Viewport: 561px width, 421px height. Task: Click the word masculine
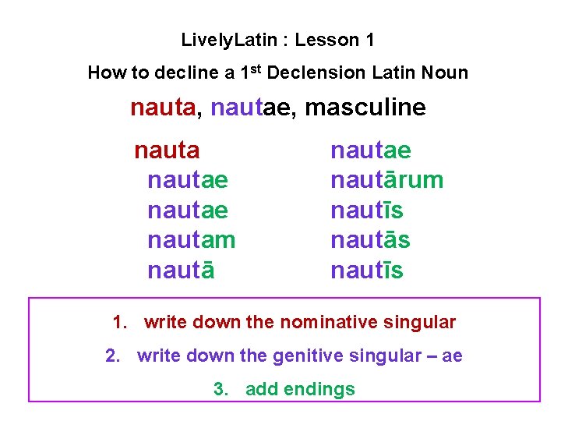point(365,107)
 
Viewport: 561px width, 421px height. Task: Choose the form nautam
point(191,241)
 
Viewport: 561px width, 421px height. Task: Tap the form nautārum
point(386,180)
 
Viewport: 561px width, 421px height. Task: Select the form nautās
point(370,241)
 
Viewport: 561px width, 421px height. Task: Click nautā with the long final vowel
point(181,271)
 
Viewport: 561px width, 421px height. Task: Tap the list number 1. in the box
point(119,322)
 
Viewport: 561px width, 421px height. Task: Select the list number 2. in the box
point(113,356)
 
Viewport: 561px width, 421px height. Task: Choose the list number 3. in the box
point(221,390)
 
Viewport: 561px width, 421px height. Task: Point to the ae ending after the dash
point(452,356)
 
